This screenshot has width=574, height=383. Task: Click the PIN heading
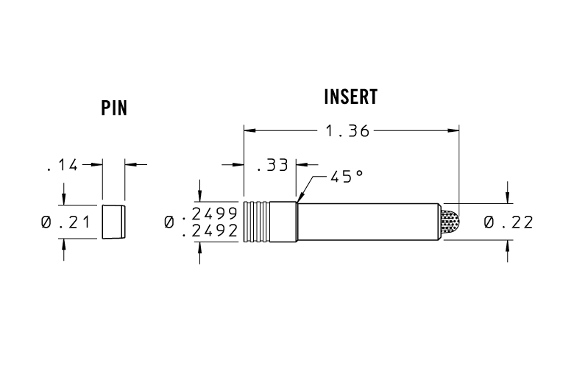114,108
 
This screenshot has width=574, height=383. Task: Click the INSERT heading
350,97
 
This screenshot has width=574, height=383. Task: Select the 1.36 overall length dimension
348,131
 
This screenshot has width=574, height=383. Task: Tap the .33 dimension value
272,166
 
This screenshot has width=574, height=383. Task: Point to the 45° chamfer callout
345,178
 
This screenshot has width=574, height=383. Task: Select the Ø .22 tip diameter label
508,222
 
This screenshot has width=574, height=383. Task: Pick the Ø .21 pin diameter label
70,222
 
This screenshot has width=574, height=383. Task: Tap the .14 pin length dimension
62,166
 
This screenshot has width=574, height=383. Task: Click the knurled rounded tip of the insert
450,222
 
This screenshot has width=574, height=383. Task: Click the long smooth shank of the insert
368,222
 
